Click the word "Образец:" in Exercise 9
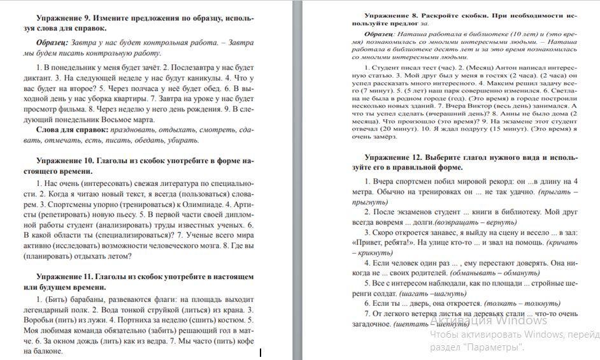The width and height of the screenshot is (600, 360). (x=52, y=43)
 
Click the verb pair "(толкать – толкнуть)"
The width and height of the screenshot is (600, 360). (x=522, y=303)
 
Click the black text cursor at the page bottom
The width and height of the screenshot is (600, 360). (x=261, y=352)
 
